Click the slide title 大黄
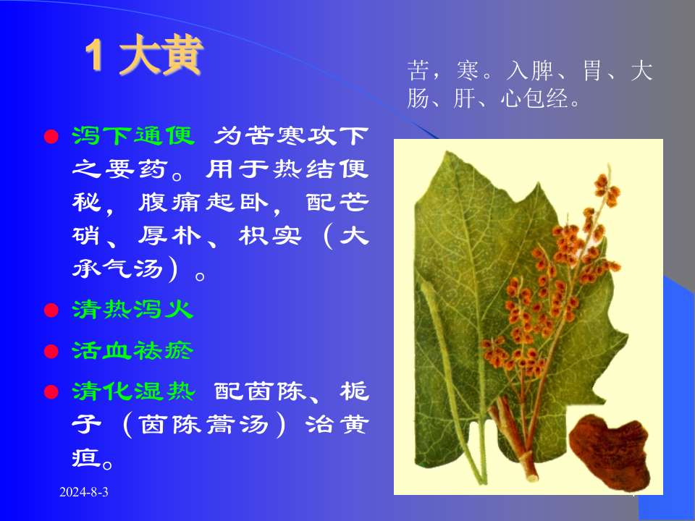(161, 56)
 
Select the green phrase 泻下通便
(132, 135)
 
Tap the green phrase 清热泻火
(132, 310)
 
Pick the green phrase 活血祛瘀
(132, 351)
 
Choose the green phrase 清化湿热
(132, 391)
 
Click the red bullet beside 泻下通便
(51, 137)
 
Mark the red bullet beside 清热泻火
(51, 310)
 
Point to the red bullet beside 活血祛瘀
(51, 352)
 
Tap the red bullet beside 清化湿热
(51, 392)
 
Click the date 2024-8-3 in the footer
(84, 492)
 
